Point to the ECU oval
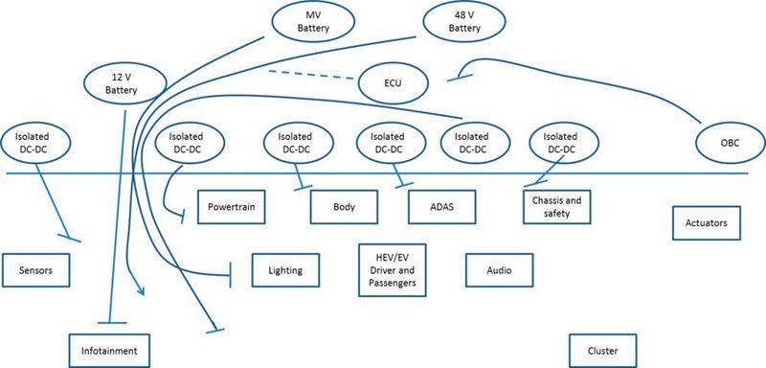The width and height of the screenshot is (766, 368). pyautogui.click(x=393, y=83)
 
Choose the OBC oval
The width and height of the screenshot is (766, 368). pyautogui.click(x=730, y=143)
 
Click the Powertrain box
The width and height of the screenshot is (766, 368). pyautogui.click(x=230, y=205)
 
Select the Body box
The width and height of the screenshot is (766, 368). pyautogui.click(x=344, y=205)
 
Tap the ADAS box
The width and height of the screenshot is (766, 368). pyautogui.click(x=439, y=205)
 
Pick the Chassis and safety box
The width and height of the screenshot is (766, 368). pyautogui.click(x=555, y=205)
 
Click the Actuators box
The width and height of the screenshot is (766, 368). pyautogui.click(x=707, y=223)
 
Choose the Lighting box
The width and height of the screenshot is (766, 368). pyautogui.click(x=283, y=270)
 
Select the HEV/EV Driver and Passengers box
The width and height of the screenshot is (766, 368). pyautogui.click(x=391, y=270)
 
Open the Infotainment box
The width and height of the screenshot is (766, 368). pyautogui.click(x=110, y=350)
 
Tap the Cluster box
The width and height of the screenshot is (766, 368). pyautogui.click(x=602, y=350)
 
